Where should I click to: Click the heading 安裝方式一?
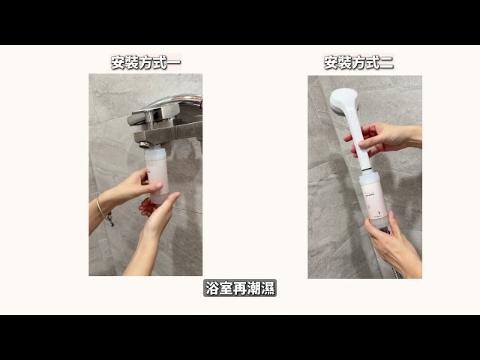(145, 62)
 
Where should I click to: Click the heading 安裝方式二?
(358, 62)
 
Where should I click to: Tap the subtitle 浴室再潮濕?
(240, 288)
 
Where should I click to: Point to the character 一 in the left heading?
(174, 62)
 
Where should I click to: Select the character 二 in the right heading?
(386, 62)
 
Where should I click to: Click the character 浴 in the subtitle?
(212, 288)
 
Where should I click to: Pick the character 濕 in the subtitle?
(268, 288)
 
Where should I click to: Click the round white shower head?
(343, 100)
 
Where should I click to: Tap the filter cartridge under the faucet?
(156, 175)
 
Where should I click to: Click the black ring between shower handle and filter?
(366, 168)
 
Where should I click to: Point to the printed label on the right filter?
(374, 202)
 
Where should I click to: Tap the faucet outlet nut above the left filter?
(145, 144)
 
